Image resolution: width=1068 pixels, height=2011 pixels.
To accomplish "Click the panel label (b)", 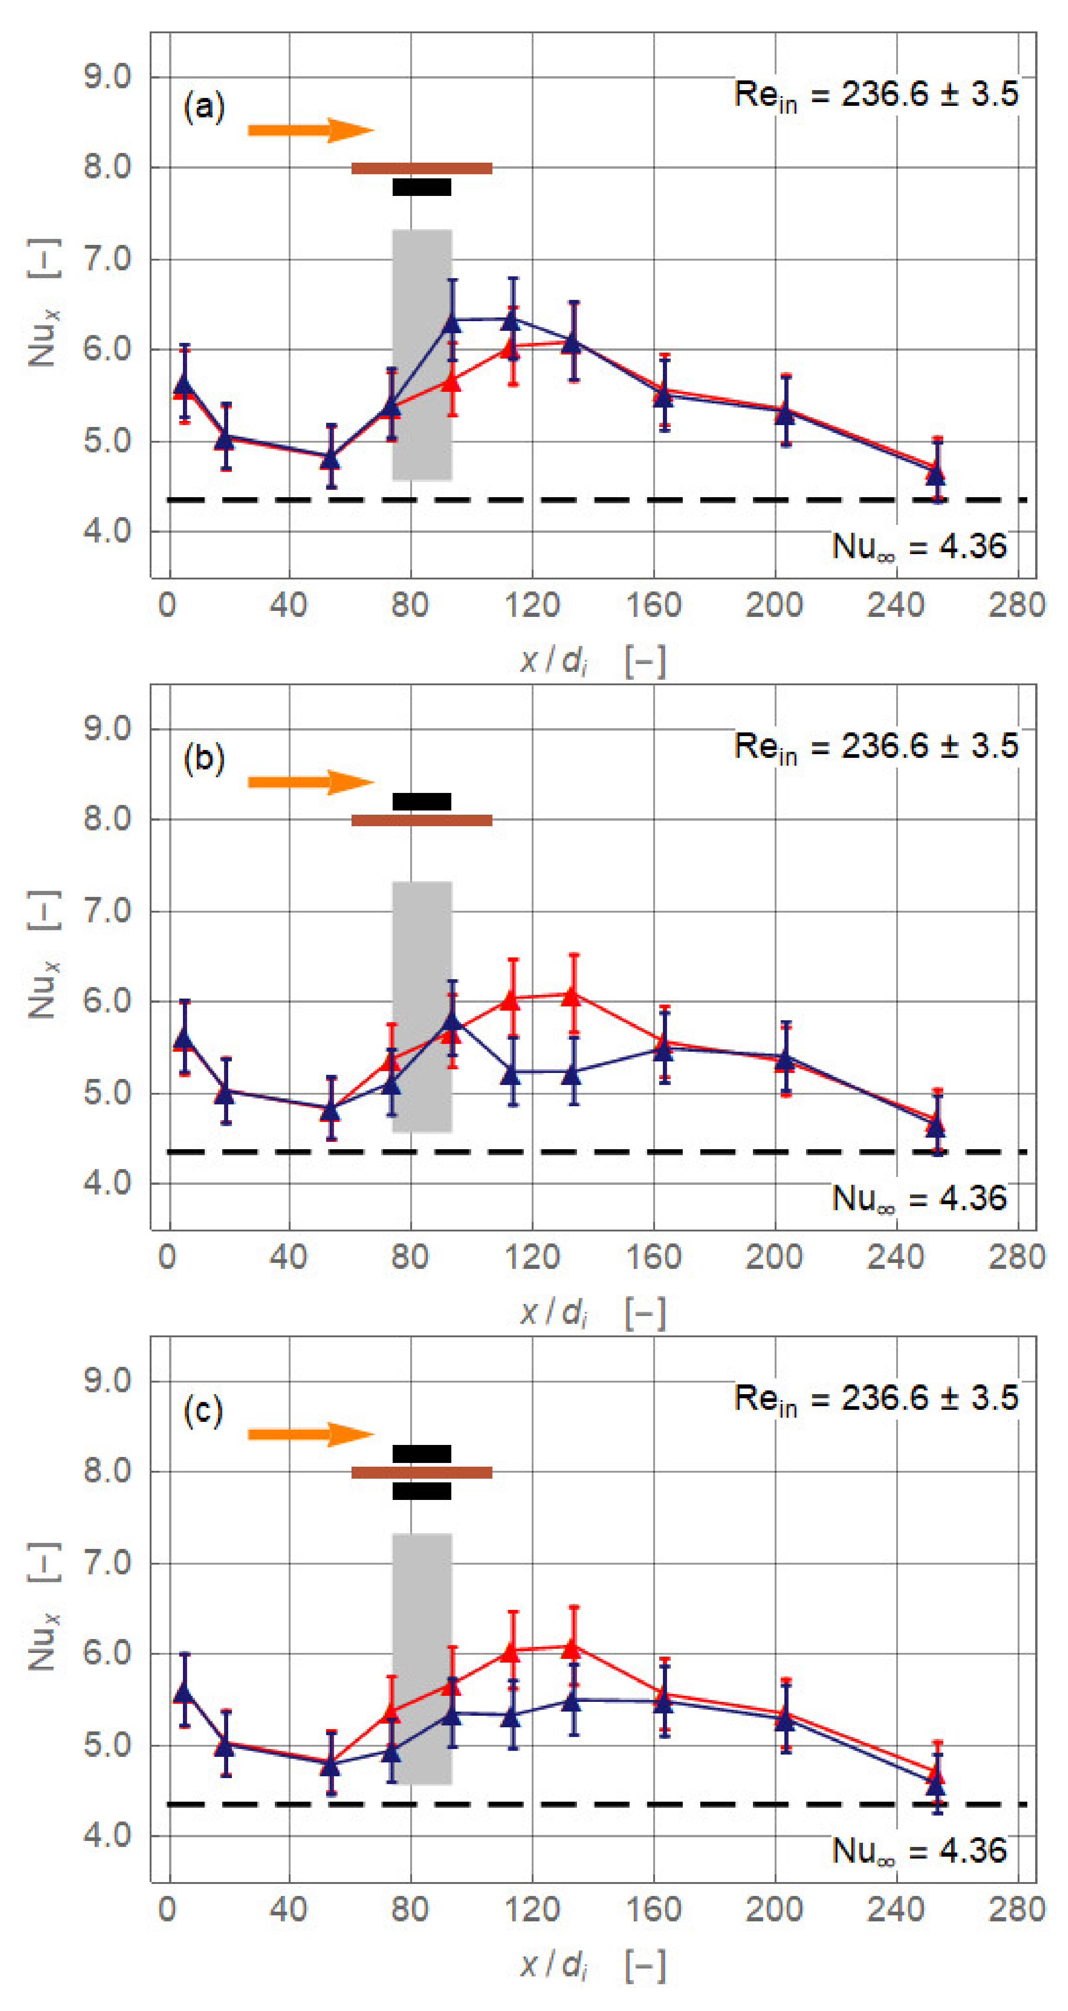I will pyautogui.click(x=204, y=757).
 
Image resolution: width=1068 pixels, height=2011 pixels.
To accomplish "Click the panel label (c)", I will pyautogui.click(x=203, y=1410).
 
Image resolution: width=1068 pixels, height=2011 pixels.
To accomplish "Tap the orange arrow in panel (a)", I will pyautogui.click(x=311, y=129).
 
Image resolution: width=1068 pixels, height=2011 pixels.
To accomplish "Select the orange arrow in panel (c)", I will pyautogui.click(x=311, y=1433).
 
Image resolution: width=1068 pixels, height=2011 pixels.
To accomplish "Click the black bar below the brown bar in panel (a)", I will pyautogui.click(x=422, y=187).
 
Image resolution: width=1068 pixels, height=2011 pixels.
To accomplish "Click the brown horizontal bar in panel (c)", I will pyautogui.click(x=422, y=1472).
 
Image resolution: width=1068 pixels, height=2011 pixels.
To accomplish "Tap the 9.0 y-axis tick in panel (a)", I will pyautogui.click(x=107, y=77).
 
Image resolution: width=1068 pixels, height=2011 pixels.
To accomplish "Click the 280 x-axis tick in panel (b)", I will pyautogui.click(x=1016, y=1257).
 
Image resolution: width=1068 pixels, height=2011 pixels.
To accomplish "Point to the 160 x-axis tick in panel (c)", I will pyautogui.click(x=654, y=1909).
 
